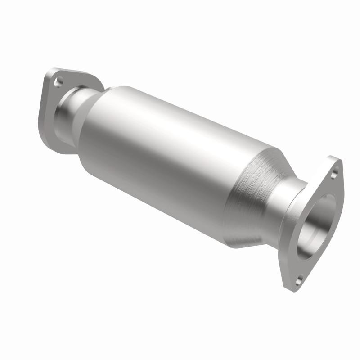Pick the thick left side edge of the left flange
point(45,103)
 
